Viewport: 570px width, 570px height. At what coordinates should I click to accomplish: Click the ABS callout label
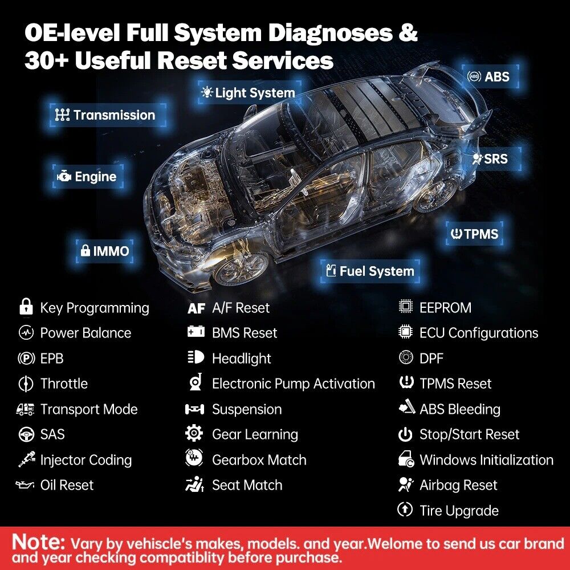[x=488, y=76]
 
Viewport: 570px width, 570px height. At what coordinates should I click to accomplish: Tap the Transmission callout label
[x=105, y=115]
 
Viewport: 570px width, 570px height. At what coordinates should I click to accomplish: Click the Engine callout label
[x=87, y=177]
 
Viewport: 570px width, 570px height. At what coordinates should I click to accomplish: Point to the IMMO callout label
[x=105, y=251]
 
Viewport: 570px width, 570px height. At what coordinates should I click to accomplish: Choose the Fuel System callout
[x=369, y=271]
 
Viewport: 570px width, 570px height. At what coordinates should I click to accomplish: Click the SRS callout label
[x=490, y=160]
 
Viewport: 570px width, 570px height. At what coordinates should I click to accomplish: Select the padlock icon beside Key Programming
[x=25, y=308]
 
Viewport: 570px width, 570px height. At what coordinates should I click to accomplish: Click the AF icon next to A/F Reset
[x=196, y=308]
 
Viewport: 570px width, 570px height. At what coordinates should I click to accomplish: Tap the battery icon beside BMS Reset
[x=196, y=332]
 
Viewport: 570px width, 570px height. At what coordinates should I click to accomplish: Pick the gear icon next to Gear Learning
[x=194, y=434]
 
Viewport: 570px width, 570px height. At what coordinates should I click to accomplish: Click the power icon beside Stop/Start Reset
[x=405, y=435]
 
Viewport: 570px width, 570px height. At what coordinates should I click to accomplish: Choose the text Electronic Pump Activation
[x=293, y=384]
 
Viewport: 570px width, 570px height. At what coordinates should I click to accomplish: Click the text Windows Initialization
[x=486, y=460]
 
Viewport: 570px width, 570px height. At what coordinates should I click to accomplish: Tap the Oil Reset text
[x=67, y=485]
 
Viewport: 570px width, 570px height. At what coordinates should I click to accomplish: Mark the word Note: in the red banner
[x=38, y=541]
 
